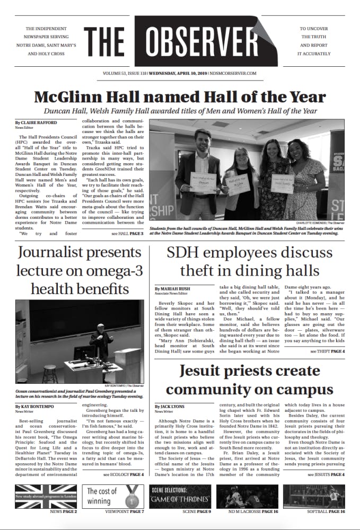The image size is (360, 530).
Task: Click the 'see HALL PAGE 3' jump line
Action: [127, 233]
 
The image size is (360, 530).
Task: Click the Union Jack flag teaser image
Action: [46, 496]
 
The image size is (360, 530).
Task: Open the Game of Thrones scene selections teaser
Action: [180, 496]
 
